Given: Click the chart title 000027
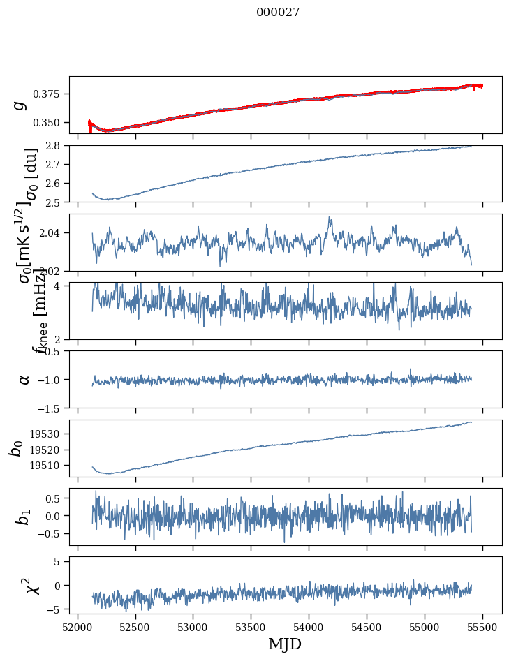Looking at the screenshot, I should [278, 13].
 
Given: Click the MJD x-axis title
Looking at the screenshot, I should [285, 644].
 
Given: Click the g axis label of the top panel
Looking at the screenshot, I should [20, 105].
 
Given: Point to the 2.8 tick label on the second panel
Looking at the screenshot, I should [57, 146].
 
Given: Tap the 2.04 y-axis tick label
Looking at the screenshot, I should [54, 232].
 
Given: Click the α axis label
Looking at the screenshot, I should [24, 379].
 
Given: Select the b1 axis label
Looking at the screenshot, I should [24, 517].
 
